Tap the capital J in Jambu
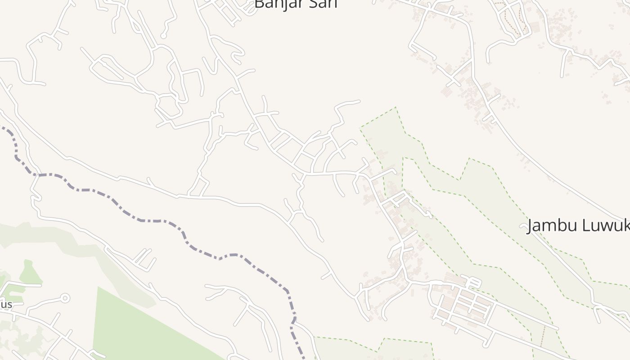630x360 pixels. click(531, 226)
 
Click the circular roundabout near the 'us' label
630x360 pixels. click(65, 298)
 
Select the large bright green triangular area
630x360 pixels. click(135, 324)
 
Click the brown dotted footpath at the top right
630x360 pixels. click(508, 18)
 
